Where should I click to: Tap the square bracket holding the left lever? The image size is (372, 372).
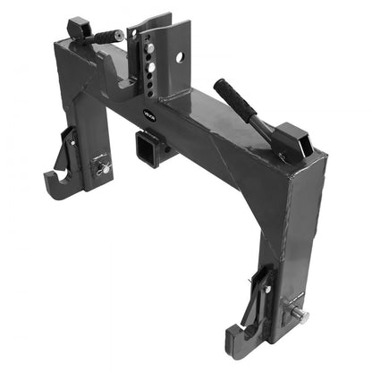(x=78, y=28)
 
